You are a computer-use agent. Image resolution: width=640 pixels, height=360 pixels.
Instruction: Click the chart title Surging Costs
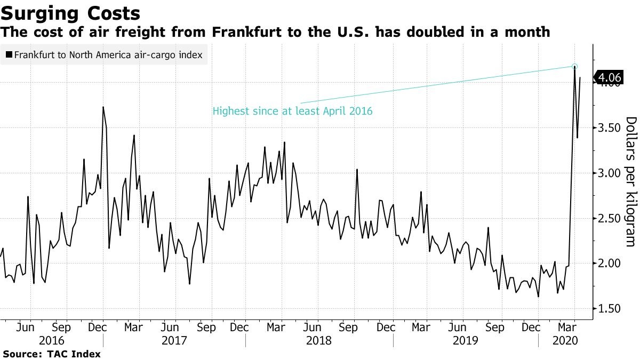coord(71,13)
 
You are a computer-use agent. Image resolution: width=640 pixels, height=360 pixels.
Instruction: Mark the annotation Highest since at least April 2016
coord(292,111)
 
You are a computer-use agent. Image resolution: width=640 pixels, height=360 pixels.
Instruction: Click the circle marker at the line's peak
coord(574,67)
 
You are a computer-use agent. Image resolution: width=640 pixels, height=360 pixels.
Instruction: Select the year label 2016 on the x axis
coord(52,340)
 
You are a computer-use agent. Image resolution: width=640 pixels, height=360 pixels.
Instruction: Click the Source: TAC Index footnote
coord(52,354)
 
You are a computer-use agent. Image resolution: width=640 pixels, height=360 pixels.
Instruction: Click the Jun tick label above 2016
coord(26,326)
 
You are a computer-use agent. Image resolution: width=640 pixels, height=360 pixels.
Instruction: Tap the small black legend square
coord(9,54)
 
